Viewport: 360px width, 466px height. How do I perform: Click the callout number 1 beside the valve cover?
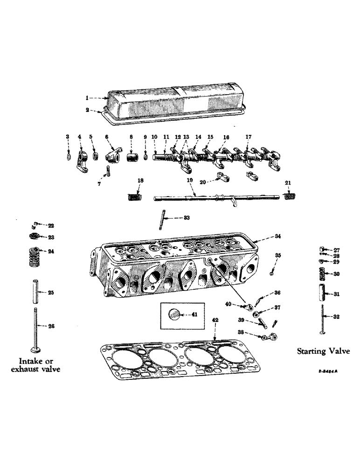click(x=86, y=98)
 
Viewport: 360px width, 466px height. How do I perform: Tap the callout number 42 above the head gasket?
click(x=215, y=320)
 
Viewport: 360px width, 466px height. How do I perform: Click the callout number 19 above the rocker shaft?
click(x=190, y=179)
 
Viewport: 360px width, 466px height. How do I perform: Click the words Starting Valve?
click(x=323, y=351)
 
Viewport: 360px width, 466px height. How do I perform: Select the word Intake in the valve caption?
click(x=31, y=361)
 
